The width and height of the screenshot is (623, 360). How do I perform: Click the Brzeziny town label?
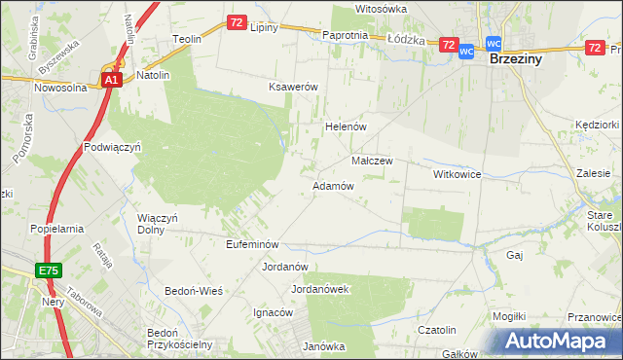(x=515, y=58)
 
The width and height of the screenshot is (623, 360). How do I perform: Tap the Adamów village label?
(x=332, y=185)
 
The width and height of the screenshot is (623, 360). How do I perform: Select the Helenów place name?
(x=344, y=126)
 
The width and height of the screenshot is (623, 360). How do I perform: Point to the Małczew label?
(x=371, y=161)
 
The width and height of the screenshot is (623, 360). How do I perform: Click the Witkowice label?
(x=458, y=174)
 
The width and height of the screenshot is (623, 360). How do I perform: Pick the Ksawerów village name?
(x=294, y=87)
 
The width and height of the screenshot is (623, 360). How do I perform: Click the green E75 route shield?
(x=51, y=270)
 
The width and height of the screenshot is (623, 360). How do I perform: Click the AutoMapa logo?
(x=560, y=342)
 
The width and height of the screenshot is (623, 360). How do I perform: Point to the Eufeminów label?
(x=252, y=244)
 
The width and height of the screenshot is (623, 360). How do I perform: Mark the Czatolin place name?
(x=437, y=331)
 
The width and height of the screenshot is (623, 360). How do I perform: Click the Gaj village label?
(x=516, y=255)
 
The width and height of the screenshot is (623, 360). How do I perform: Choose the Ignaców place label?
(x=273, y=312)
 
